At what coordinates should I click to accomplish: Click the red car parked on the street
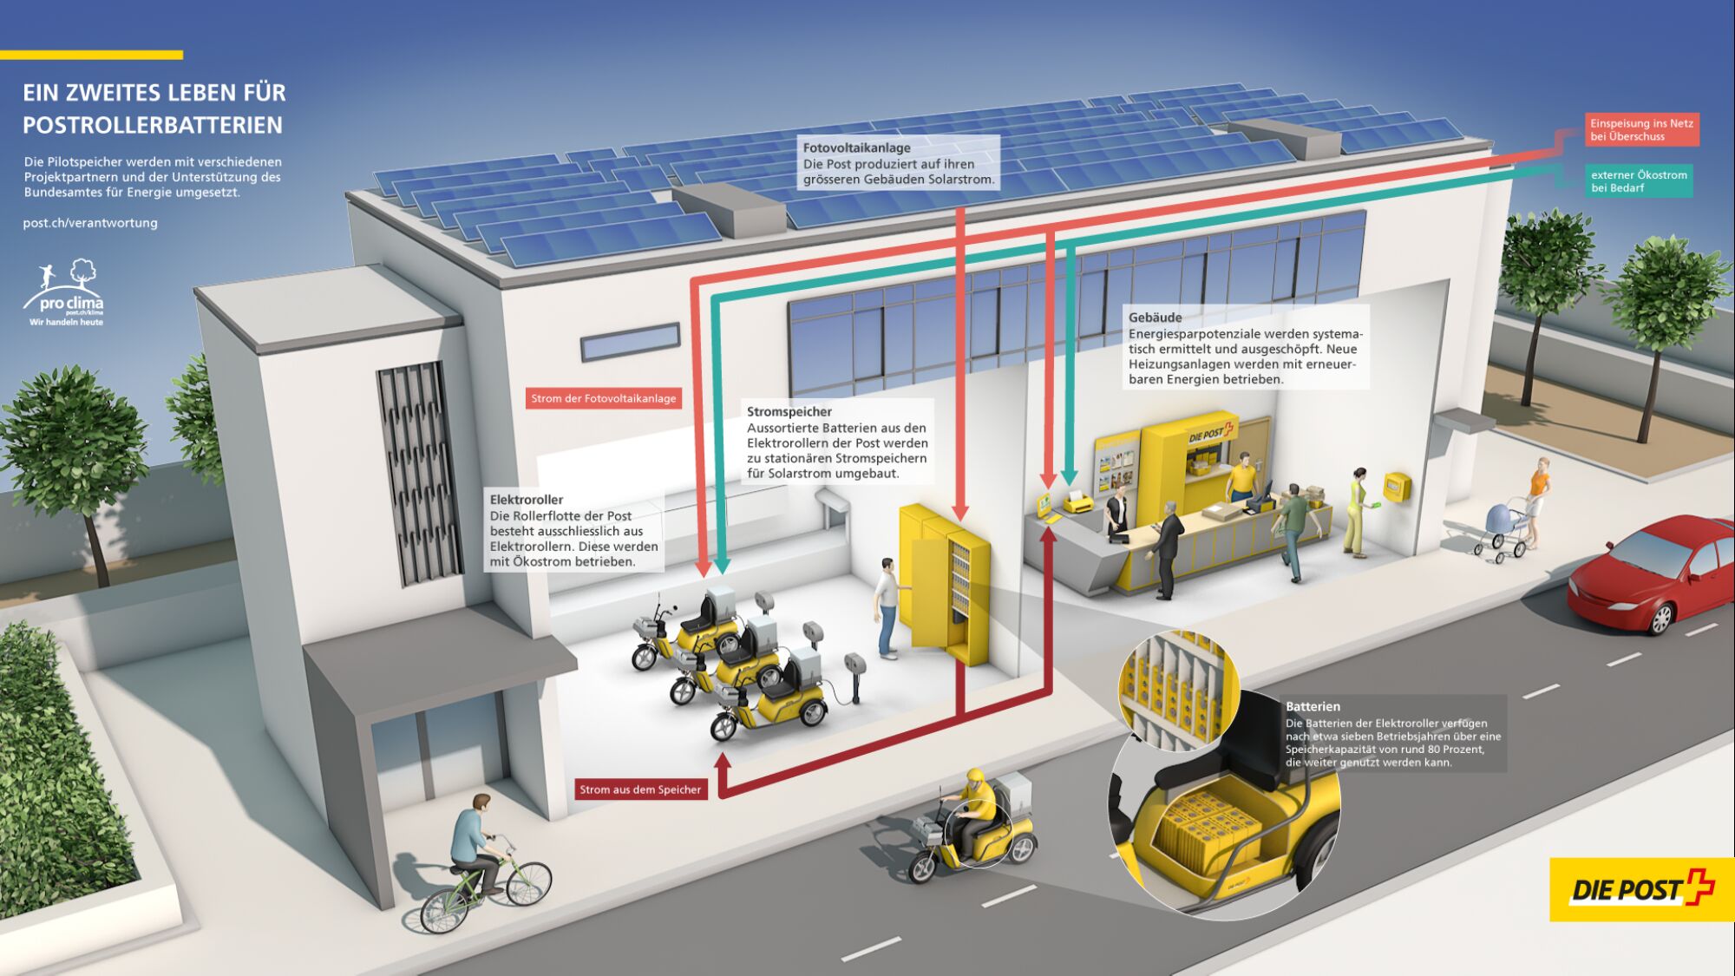click(x=1648, y=573)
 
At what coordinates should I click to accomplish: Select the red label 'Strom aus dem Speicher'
click(x=640, y=789)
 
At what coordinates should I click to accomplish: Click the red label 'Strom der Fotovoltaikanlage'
click(x=603, y=398)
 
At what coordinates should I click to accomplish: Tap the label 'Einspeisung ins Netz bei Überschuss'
click(x=1641, y=129)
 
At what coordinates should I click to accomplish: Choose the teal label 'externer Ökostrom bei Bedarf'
click(x=1639, y=180)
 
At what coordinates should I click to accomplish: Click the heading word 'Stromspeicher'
click(x=789, y=411)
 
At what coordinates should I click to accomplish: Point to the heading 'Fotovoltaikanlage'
click(x=856, y=147)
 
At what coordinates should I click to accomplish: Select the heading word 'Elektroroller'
click(x=526, y=500)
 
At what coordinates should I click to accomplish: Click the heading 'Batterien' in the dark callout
click(x=1313, y=706)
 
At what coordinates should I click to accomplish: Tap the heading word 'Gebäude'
click(x=1155, y=318)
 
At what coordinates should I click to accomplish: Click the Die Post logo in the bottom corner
click(x=1640, y=889)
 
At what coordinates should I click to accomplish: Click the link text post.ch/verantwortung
click(x=90, y=223)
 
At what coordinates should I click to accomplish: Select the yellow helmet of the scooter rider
click(x=976, y=775)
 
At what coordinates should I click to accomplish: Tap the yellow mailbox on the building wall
click(x=1396, y=487)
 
